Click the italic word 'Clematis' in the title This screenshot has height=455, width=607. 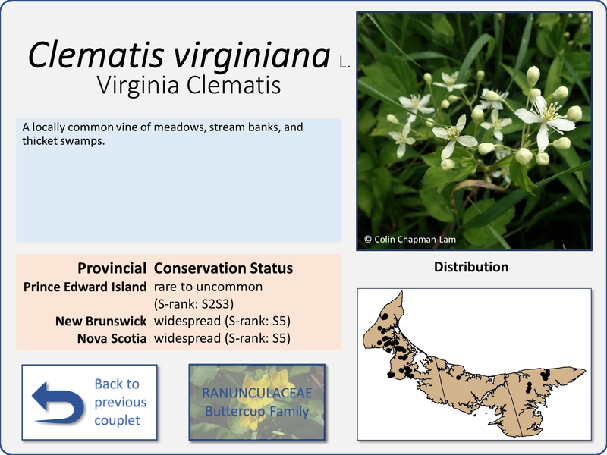click(x=96, y=55)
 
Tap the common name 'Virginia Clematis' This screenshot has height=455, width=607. click(x=188, y=86)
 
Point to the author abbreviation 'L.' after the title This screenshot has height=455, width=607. click(x=344, y=62)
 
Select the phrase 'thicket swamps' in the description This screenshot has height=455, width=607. click(x=63, y=141)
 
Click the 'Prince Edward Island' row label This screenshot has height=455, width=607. click(x=85, y=287)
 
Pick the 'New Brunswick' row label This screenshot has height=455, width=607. click(x=101, y=321)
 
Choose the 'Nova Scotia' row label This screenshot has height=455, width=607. click(x=112, y=338)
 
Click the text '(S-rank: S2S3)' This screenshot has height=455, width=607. click(x=193, y=304)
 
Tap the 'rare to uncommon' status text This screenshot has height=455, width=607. click(x=208, y=287)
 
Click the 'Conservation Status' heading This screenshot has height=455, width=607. click(x=223, y=268)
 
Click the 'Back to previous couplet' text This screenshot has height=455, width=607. click(x=120, y=402)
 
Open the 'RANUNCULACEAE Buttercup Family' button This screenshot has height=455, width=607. click(x=257, y=402)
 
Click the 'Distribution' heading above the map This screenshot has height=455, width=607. click(x=471, y=267)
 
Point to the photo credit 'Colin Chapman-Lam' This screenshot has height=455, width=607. click(x=415, y=240)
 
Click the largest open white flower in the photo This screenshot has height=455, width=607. click(x=545, y=120)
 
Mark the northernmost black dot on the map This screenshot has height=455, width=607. click(x=385, y=316)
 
